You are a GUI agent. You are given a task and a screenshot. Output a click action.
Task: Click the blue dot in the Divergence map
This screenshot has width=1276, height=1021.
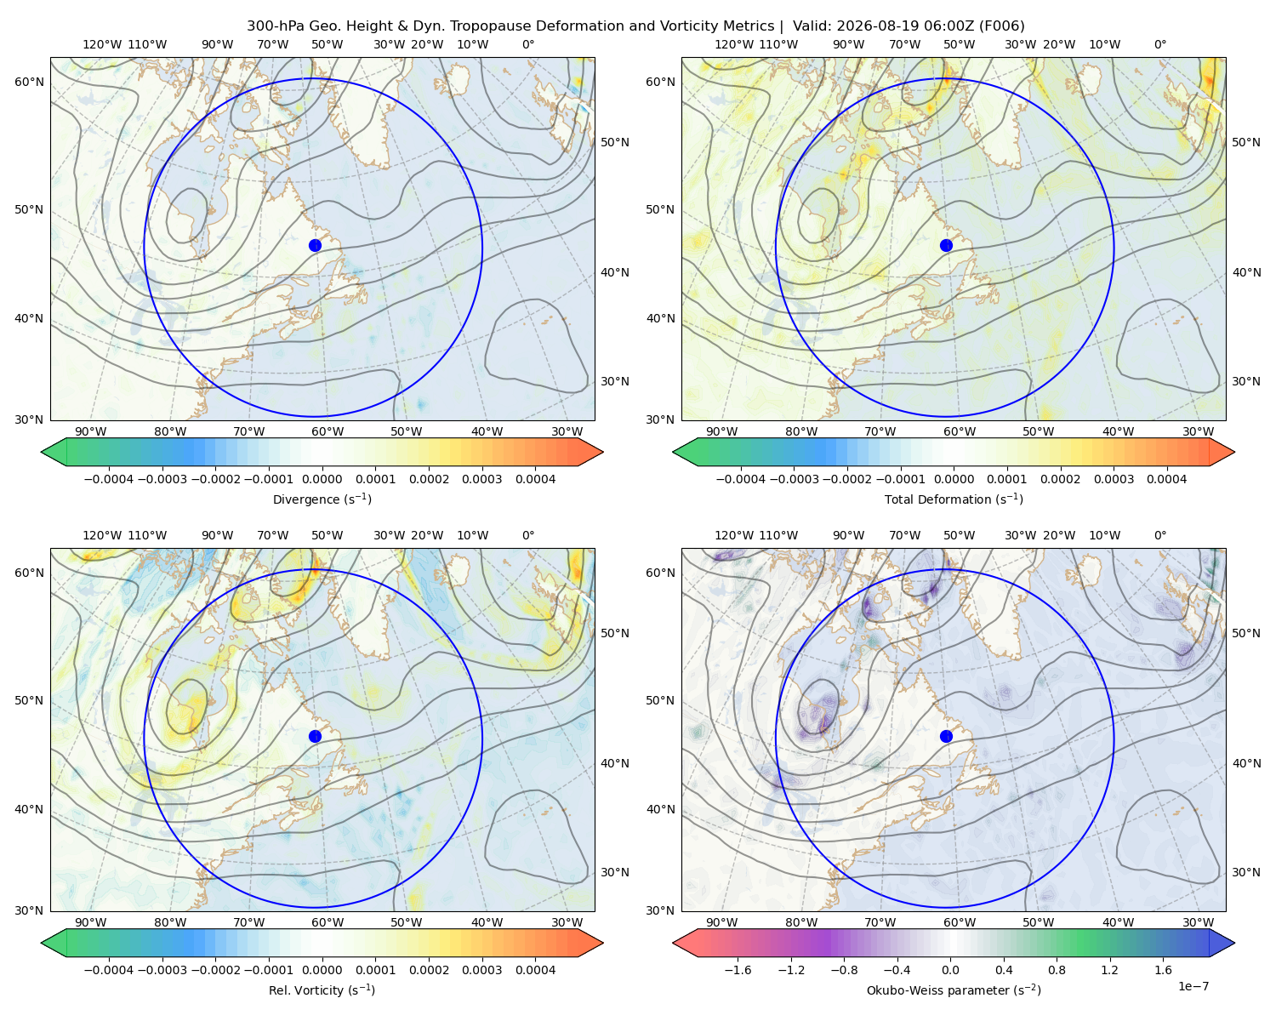(315, 246)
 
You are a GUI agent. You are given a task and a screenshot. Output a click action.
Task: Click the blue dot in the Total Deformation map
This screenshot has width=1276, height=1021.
(946, 246)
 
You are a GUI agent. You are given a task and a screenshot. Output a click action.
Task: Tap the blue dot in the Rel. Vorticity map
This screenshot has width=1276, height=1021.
(315, 736)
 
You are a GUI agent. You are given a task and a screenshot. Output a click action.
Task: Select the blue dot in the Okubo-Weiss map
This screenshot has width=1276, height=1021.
(946, 736)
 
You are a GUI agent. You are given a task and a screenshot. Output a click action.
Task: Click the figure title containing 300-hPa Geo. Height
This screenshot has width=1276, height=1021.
(635, 26)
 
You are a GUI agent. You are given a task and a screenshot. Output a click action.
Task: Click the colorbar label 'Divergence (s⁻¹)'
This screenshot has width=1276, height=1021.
(322, 499)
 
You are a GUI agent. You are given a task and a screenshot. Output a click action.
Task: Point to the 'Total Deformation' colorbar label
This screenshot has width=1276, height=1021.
(954, 499)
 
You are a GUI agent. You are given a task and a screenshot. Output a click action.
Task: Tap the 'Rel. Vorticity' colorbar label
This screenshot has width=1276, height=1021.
(322, 990)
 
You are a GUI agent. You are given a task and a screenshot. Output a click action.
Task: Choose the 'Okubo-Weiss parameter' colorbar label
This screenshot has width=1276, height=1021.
(954, 990)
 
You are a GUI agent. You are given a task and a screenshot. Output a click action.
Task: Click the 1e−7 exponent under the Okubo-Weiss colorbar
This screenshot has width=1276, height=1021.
(1193, 987)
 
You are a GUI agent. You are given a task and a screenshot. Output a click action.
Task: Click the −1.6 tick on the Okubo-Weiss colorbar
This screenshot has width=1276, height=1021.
(738, 970)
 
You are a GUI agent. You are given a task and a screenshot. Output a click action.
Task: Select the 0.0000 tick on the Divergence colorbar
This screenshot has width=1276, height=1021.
(322, 479)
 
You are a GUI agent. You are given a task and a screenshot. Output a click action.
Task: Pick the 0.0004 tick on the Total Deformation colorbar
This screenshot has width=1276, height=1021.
(1166, 479)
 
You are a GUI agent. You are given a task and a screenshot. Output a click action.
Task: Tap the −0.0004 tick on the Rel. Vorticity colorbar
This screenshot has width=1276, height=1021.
(109, 970)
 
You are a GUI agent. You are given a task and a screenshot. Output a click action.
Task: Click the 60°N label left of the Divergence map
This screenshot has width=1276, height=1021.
(29, 82)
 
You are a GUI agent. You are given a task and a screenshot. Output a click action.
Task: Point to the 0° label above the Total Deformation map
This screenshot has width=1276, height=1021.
(1159, 44)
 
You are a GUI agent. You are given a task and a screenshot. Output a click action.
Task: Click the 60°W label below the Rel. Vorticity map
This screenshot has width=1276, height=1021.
(328, 922)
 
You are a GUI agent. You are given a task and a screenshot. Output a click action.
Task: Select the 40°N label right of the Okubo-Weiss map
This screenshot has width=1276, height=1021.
(1246, 763)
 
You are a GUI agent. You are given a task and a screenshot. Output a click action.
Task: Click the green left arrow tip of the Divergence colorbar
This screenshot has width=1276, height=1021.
(42, 452)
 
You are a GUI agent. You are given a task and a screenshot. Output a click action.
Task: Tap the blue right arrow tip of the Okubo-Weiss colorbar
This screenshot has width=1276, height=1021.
(1234, 943)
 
